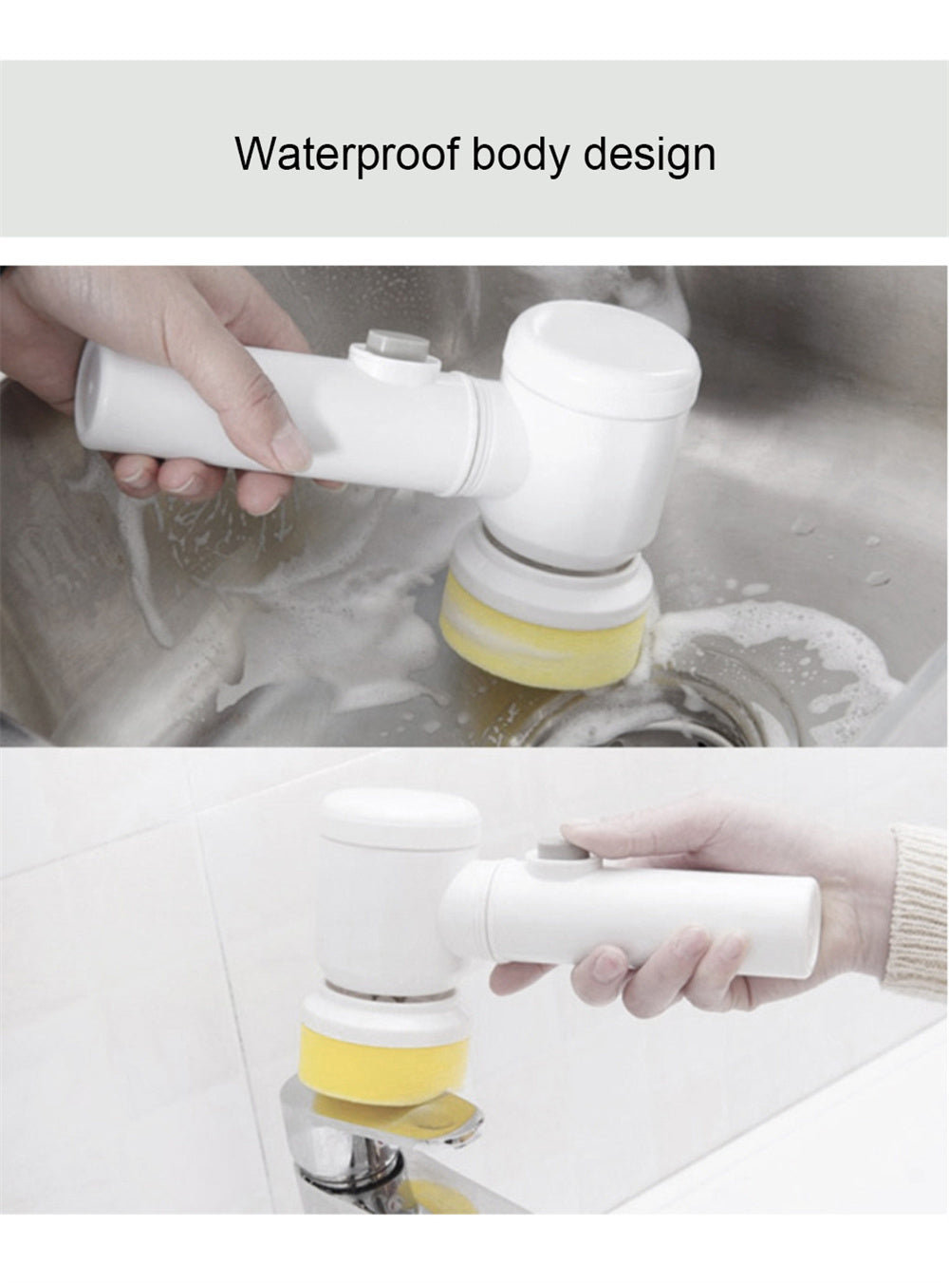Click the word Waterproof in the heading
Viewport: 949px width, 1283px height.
[347, 154]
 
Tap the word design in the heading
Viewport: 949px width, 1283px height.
[649, 155]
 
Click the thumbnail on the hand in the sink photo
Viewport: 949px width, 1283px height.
[290, 447]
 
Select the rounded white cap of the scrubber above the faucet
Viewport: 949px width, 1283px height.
[400, 820]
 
